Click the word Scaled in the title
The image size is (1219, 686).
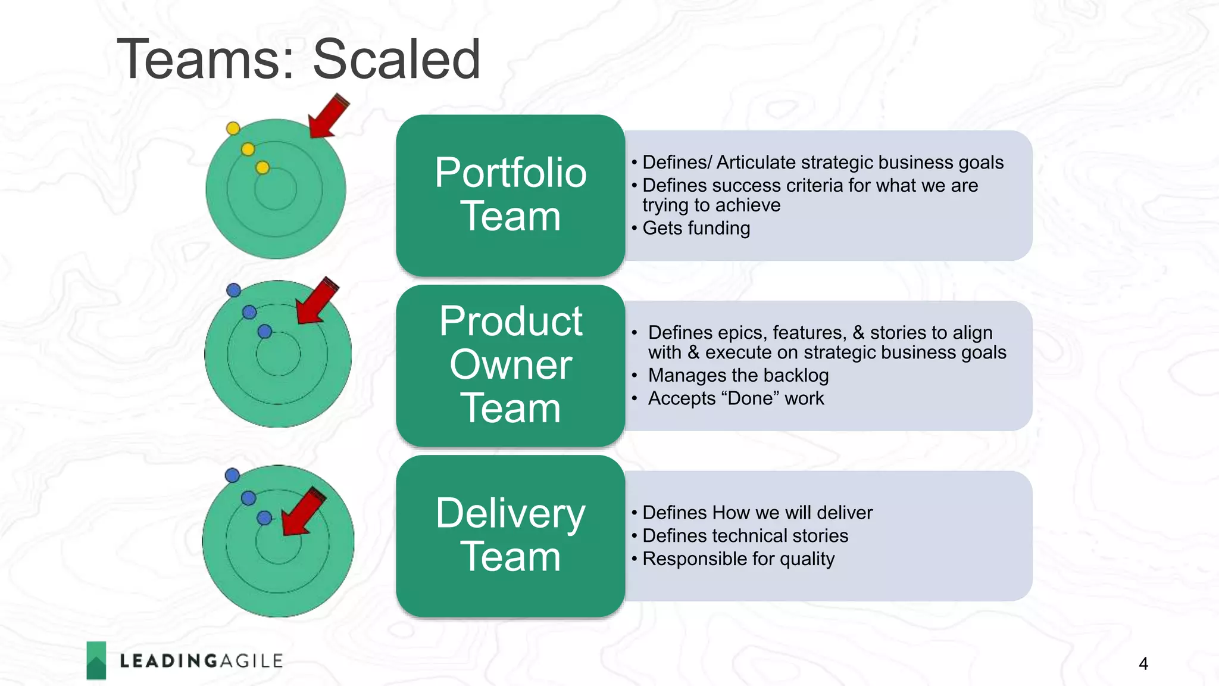[396, 59]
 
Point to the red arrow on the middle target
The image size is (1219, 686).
[317, 301]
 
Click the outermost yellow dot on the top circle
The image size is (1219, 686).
[233, 128]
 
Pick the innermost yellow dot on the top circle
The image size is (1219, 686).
[262, 168]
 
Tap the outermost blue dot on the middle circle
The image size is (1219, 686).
[234, 290]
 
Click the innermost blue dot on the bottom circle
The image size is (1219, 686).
[264, 518]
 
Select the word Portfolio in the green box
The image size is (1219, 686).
[510, 173]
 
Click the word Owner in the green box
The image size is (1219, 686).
[511, 364]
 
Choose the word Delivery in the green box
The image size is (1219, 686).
[510, 513]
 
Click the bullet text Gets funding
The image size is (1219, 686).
[696, 228]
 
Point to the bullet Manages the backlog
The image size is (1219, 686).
[738, 375]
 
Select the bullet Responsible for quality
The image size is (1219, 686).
[738, 559]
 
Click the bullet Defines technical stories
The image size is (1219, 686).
[745, 535]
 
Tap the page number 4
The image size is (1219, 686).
[1143, 663]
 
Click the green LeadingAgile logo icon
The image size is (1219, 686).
[96, 660]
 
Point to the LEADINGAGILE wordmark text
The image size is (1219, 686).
[201, 661]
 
